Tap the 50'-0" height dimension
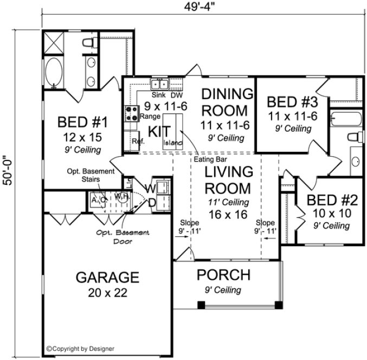8,179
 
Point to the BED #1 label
81,122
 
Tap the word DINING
227,94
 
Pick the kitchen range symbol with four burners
131,113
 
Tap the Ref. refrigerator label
137,141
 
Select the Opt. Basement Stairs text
91,176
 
